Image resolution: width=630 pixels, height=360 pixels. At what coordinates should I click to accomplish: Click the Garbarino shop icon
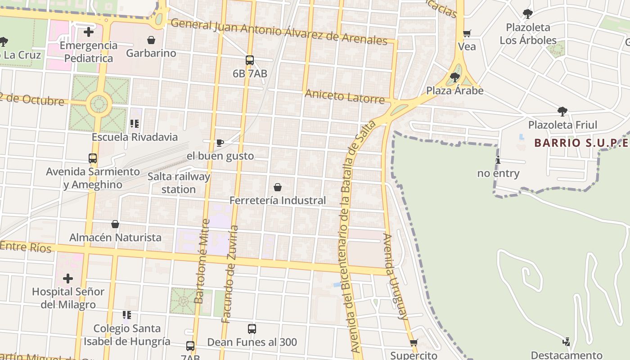point(151,40)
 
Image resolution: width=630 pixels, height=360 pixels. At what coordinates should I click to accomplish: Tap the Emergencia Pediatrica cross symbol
point(89,32)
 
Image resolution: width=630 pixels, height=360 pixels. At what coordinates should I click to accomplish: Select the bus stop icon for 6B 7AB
point(250,60)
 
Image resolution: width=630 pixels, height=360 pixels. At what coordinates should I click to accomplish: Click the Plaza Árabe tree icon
point(455,77)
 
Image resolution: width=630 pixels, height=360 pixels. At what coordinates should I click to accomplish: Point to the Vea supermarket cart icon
point(467,33)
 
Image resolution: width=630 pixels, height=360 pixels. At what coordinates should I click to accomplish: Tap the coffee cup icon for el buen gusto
point(220,143)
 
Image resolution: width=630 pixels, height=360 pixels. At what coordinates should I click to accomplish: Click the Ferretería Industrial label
point(278,200)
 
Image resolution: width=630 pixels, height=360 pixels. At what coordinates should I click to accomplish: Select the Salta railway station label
point(179,183)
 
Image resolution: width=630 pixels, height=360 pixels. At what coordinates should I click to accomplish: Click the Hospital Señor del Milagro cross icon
point(68,279)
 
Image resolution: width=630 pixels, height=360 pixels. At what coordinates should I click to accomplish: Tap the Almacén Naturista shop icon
point(115,224)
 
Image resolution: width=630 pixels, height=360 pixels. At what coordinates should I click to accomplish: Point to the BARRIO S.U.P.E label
point(581,143)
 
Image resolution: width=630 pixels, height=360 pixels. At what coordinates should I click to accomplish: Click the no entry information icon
point(498,160)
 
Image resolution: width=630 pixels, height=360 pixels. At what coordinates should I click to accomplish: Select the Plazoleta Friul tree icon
point(562,112)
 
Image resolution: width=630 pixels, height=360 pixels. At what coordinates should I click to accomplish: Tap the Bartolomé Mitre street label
point(202,261)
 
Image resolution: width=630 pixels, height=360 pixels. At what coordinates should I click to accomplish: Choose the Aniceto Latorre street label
point(345,96)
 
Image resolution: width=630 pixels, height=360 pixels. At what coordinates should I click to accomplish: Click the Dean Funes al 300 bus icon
point(252,329)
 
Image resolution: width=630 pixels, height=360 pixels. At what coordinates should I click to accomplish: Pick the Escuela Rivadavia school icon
point(134,123)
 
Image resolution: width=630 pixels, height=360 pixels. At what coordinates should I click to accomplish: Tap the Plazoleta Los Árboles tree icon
point(528,14)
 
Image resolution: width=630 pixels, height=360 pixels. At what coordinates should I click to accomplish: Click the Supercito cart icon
point(414,342)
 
